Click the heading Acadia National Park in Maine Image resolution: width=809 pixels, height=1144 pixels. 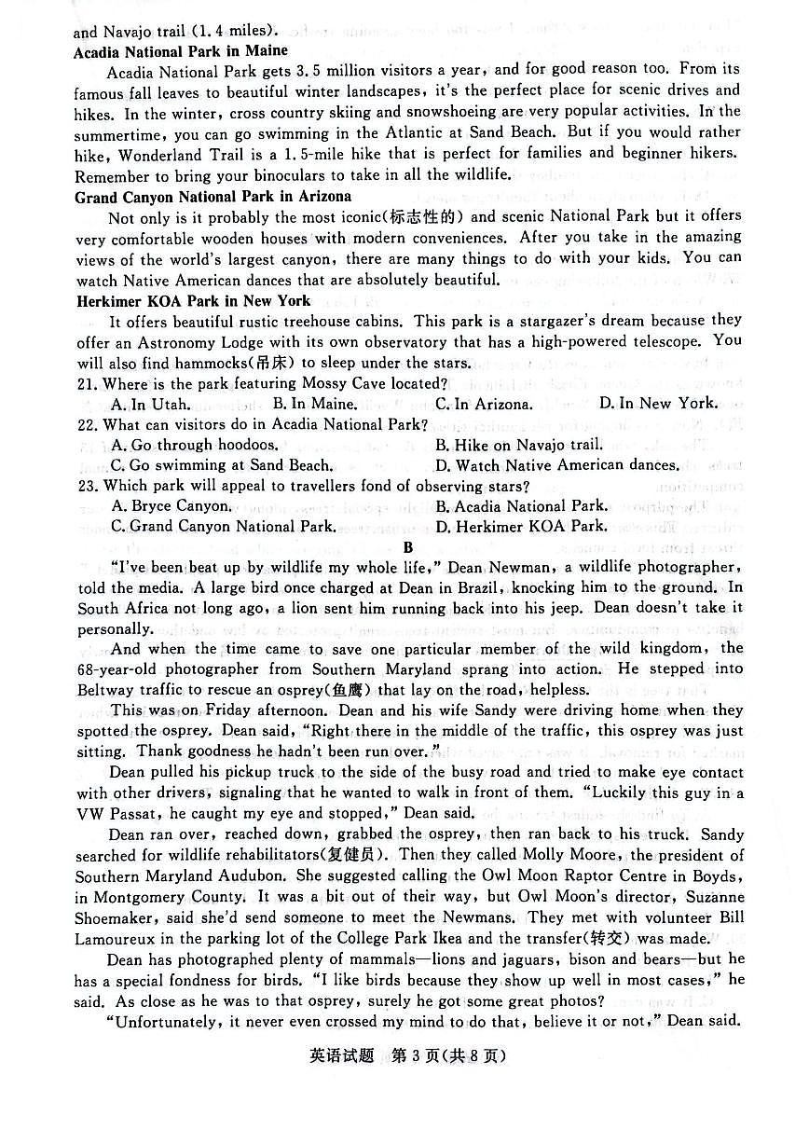[181, 51]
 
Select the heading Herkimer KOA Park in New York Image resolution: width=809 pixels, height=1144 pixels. [193, 300]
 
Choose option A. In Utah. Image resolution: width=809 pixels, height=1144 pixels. [150, 405]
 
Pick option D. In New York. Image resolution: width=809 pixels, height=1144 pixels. [658, 404]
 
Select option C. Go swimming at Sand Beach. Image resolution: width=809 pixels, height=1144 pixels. [221, 465]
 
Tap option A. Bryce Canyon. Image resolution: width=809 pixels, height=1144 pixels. [171, 506]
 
